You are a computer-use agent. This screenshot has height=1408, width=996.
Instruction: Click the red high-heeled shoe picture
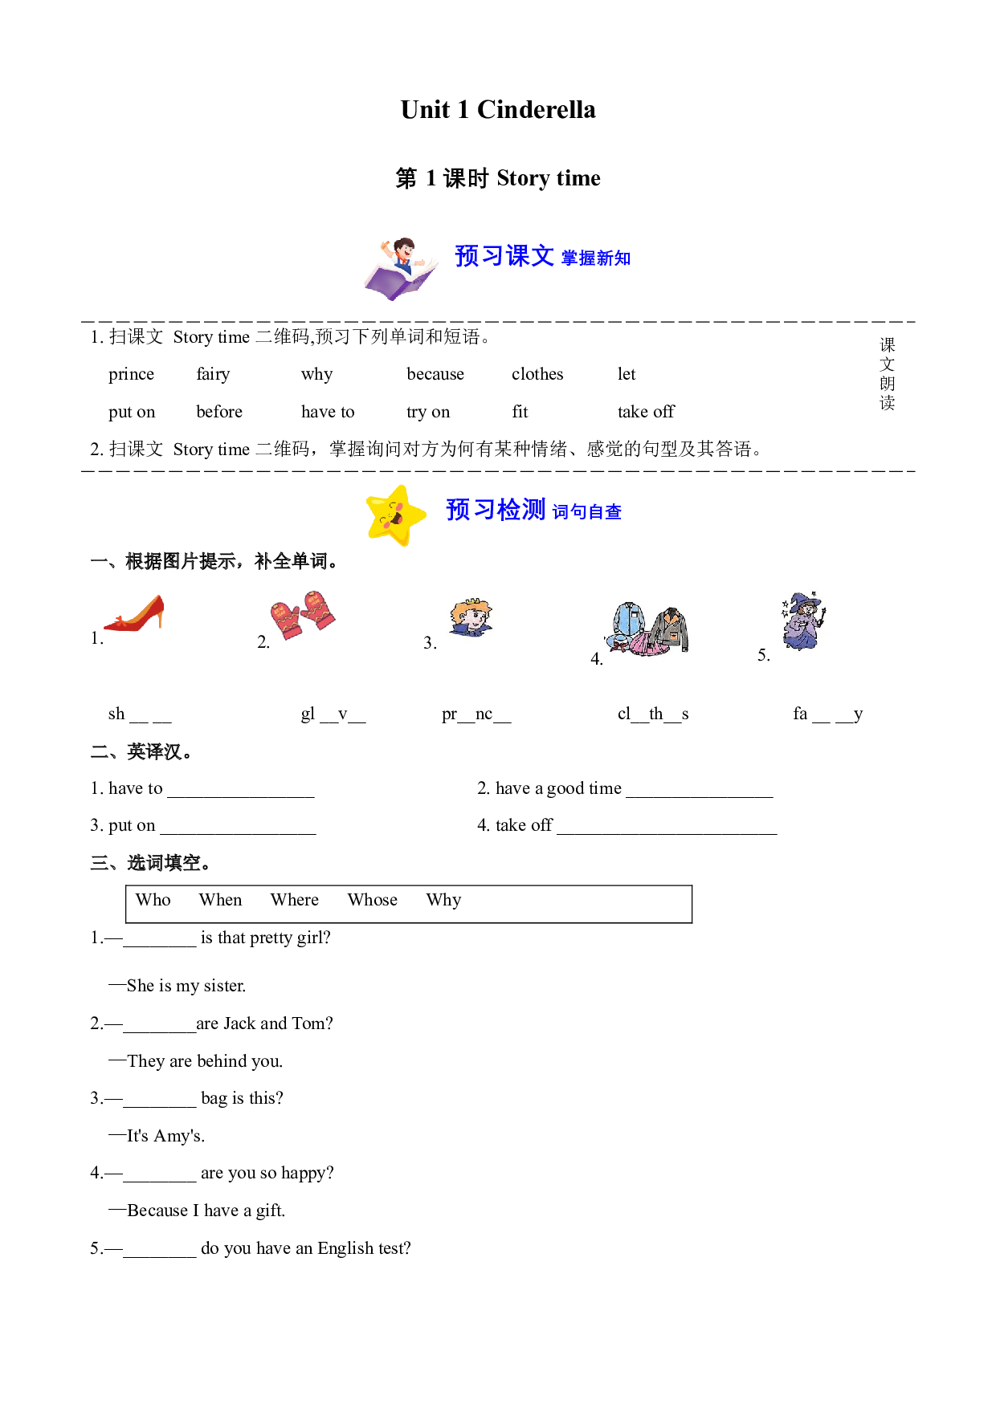134,613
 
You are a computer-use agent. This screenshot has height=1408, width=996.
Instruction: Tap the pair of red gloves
303,614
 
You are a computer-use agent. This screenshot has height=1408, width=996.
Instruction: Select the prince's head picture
471,617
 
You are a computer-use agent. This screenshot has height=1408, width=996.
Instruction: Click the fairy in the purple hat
803,621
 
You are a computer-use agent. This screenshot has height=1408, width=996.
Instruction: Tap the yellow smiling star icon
396,515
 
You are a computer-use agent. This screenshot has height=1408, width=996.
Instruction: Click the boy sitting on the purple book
401,269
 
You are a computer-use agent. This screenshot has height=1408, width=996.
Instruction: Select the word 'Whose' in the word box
373,900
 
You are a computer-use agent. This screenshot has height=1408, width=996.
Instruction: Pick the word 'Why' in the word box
444,901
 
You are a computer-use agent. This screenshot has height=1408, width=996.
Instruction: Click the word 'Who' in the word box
153,900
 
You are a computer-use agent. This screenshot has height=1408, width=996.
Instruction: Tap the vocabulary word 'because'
435,374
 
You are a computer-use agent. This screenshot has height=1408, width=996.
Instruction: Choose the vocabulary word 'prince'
132,375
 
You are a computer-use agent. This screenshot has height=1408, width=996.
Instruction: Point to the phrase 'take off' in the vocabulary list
647,412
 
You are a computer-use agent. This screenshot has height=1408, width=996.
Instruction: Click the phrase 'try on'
428,413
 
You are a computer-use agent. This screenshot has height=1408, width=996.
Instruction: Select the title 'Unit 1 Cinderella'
498,110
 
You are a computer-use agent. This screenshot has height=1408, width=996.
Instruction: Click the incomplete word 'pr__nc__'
476,714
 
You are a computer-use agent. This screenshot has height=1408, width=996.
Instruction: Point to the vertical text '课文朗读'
888,374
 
